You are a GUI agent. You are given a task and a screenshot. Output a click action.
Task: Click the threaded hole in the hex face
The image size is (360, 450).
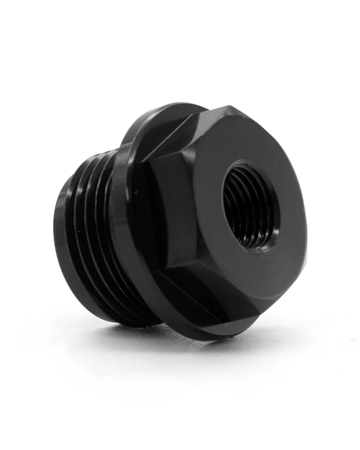251,206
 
